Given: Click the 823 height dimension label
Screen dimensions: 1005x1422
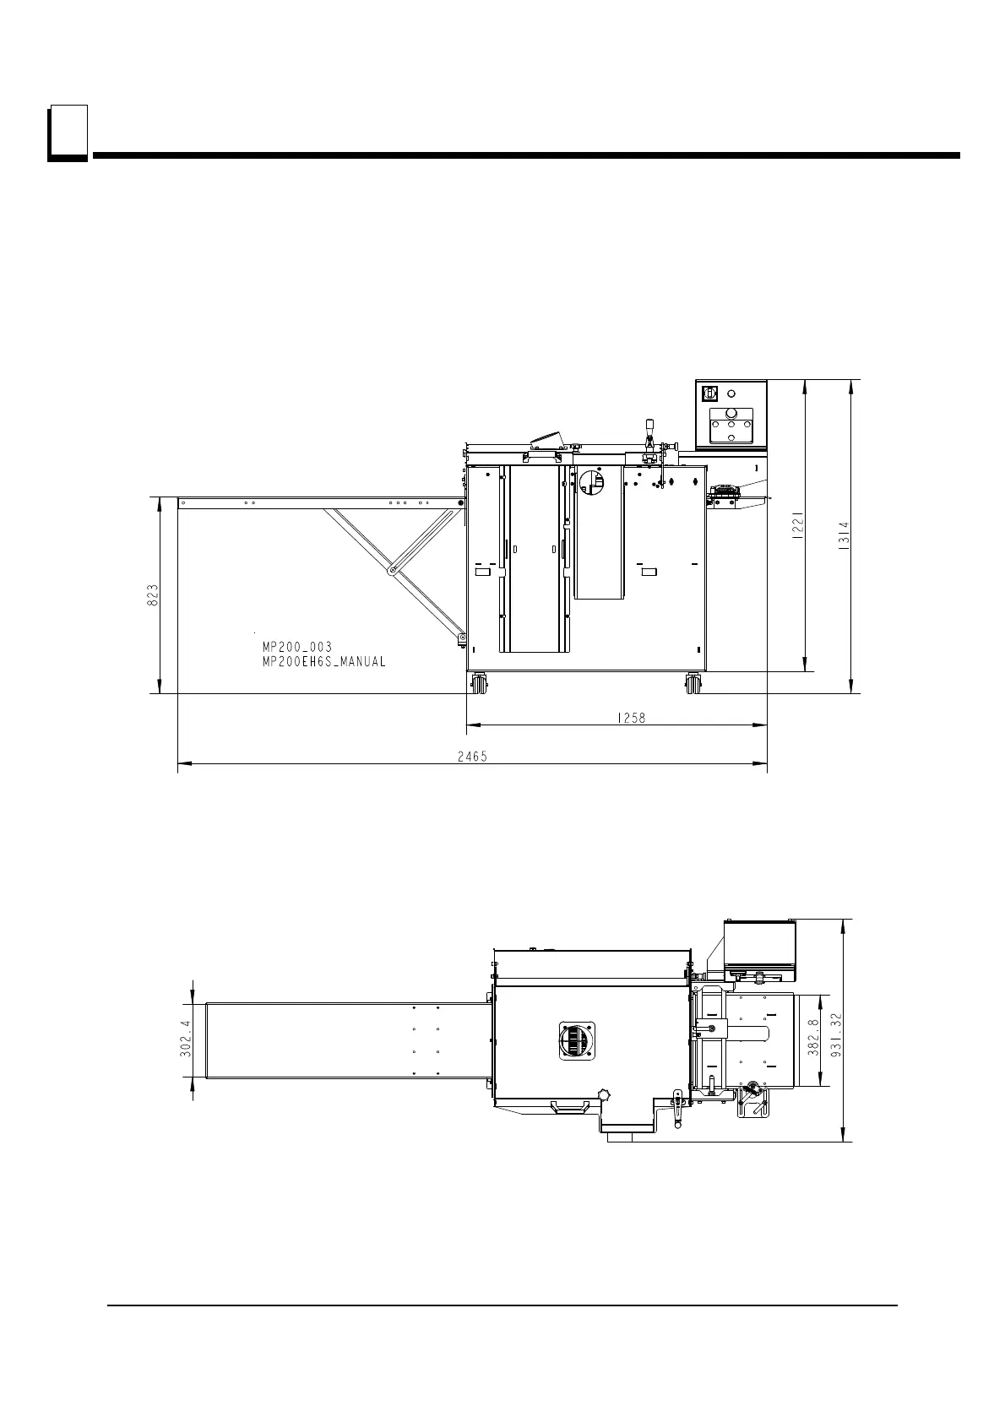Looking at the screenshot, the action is coord(153,594).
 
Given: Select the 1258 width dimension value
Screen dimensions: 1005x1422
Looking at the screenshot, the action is coord(631,718).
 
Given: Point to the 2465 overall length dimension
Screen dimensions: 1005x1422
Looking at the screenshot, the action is coord(472,756).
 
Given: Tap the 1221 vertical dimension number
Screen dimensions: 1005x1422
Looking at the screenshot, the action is coord(798,525).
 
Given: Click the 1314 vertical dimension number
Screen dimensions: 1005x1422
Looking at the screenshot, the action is coord(844,536).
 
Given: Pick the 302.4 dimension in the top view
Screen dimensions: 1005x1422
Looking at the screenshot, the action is coord(185,1039).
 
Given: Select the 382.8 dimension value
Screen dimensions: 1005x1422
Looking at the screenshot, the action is coord(812,1038).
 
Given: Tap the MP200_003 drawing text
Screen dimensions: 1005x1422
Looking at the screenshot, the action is coord(297,647).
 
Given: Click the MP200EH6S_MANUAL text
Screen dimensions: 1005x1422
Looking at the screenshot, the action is coord(323,661).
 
